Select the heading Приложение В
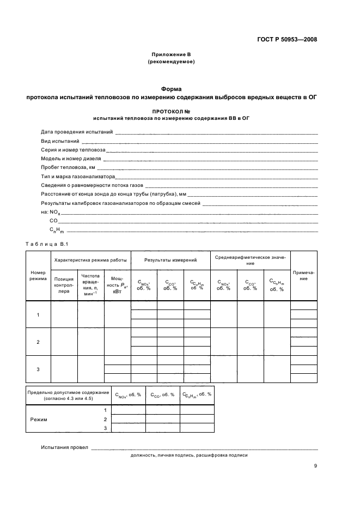[x=171, y=55]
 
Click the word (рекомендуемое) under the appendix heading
[x=171, y=62]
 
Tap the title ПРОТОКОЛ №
[x=171, y=111]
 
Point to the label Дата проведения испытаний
[x=77, y=132]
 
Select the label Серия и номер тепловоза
[x=73, y=149]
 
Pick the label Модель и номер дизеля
[x=71, y=159]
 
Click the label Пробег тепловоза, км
[x=68, y=167]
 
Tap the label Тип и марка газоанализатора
[x=78, y=177]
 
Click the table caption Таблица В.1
[x=45, y=243]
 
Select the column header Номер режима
[x=38, y=275]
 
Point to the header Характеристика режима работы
[x=90, y=260]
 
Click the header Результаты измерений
[x=170, y=260]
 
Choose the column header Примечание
[x=303, y=275]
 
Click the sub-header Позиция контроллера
[x=64, y=285]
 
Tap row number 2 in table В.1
[x=38, y=342]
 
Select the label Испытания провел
[x=64, y=447]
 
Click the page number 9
[x=315, y=466]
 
